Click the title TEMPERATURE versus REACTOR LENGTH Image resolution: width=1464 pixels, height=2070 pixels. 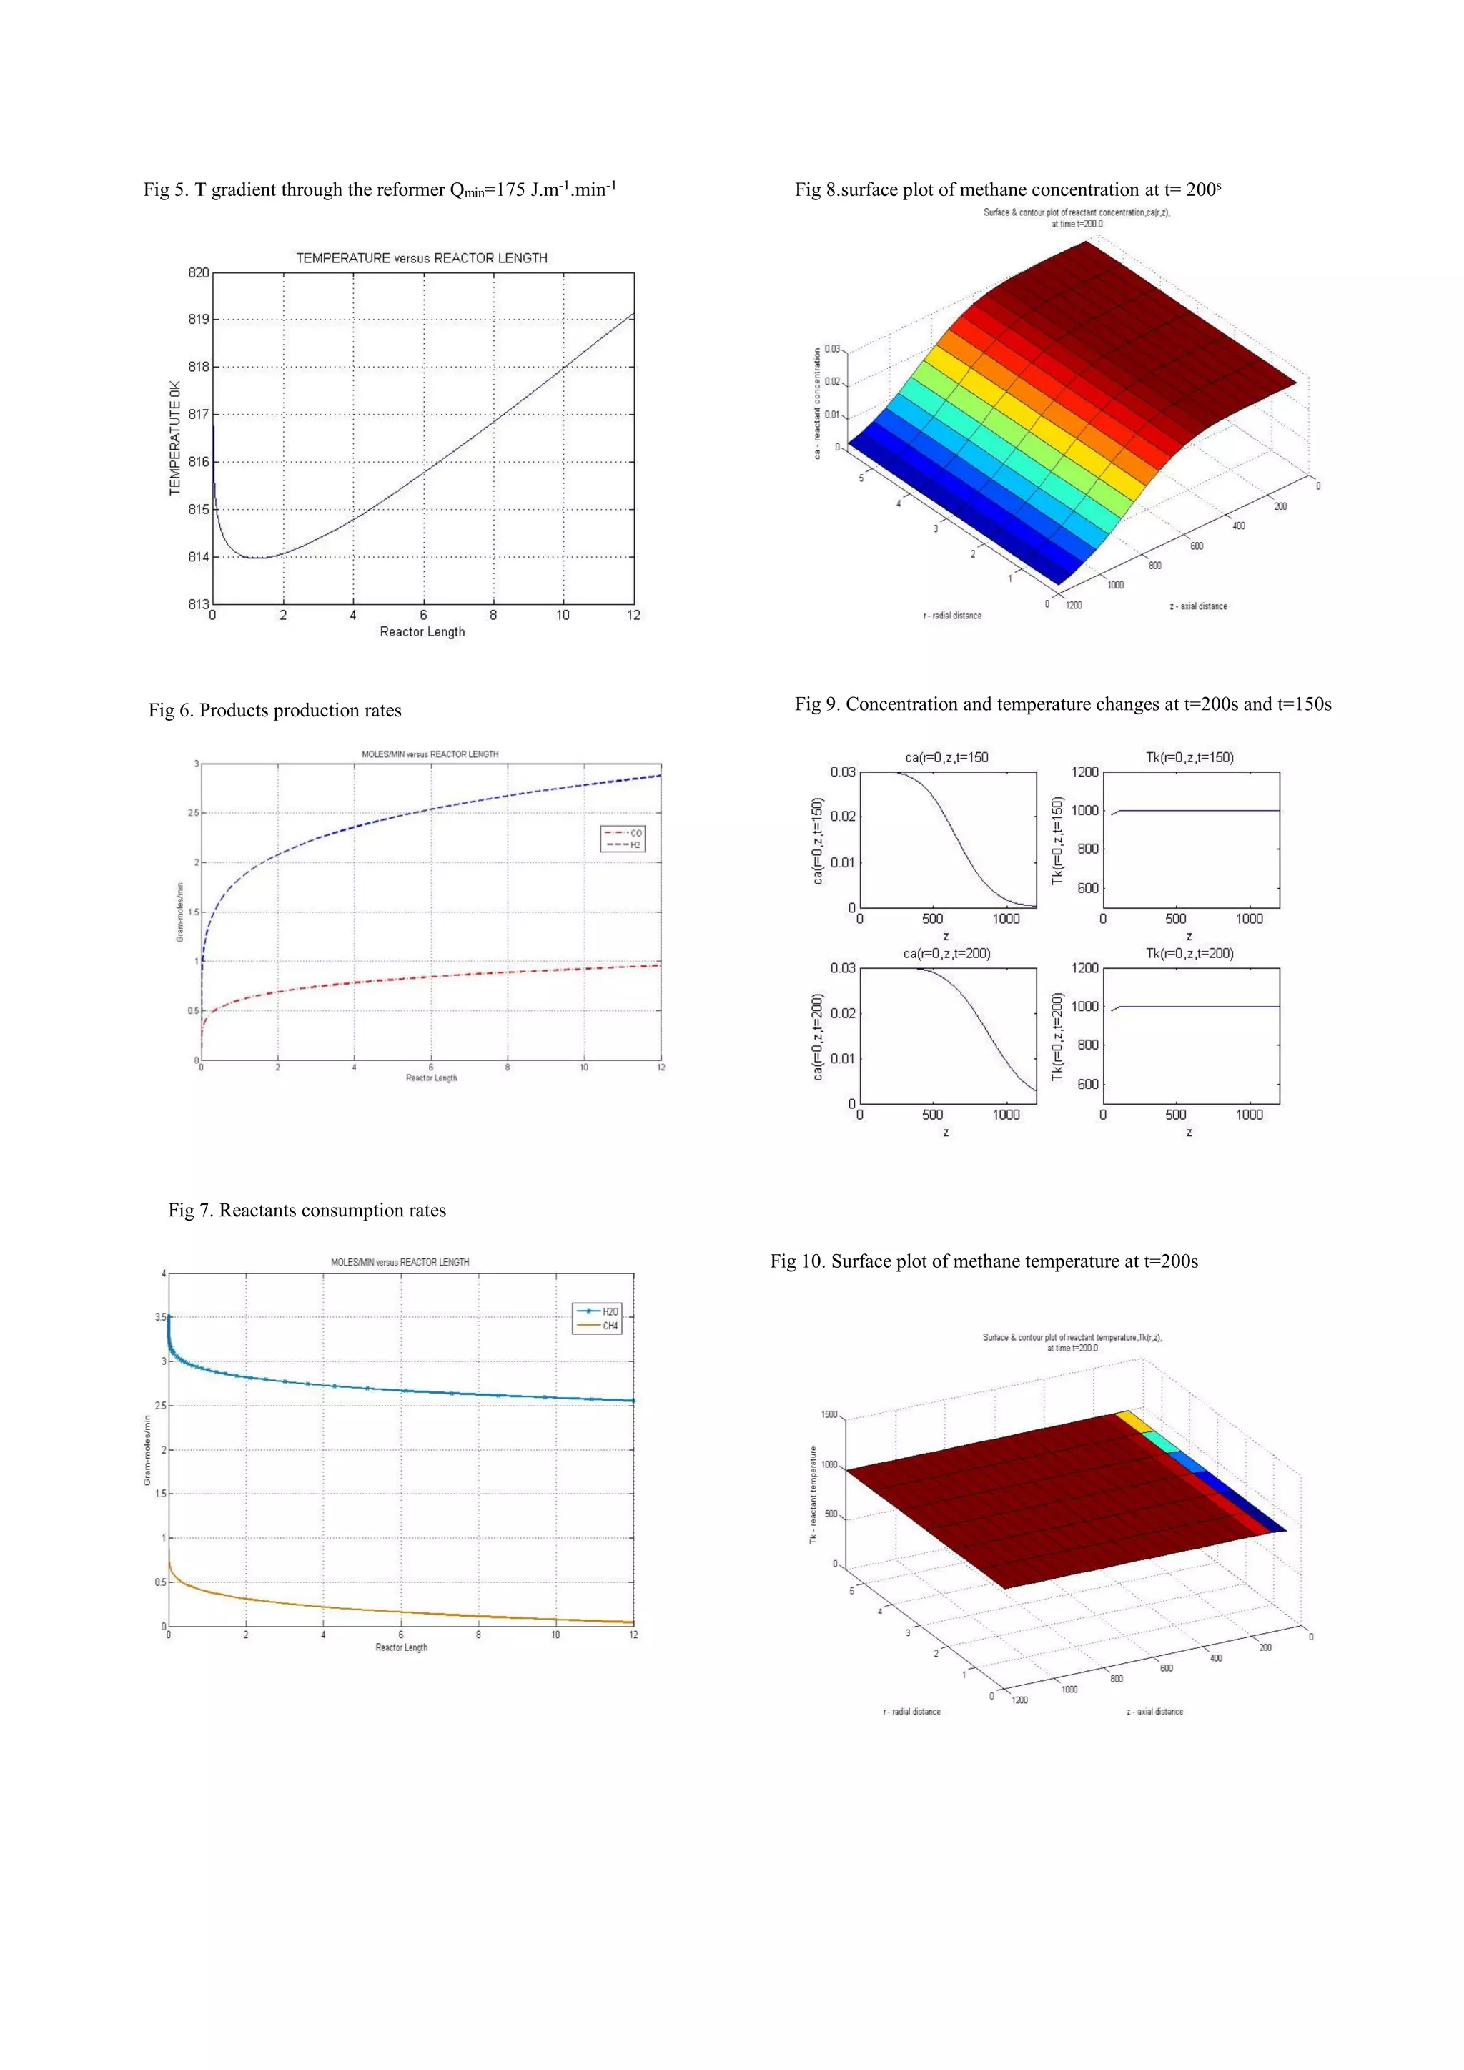coord(421,258)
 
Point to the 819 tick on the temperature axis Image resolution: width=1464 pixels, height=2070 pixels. coord(198,319)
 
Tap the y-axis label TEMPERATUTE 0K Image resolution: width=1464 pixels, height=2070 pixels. coord(175,438)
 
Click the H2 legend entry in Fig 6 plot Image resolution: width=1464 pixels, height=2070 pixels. coord(635,844)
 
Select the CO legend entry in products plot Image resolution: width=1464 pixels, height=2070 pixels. coord(635,833)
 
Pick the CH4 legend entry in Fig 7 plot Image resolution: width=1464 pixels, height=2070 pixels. coord(610,1326)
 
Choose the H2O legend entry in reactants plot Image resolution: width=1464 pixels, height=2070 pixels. coord(610,1311)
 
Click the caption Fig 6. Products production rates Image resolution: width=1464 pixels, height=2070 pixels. coord(275,711)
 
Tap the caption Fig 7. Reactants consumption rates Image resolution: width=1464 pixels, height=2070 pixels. coord(307,1210)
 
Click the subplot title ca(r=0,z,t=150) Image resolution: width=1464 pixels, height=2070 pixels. coord(946,757)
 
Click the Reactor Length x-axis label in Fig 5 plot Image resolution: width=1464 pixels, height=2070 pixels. coord(422,632)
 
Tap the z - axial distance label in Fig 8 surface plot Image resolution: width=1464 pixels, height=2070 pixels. coord(1198,606)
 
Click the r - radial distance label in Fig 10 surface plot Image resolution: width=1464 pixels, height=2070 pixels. coord(911,1711)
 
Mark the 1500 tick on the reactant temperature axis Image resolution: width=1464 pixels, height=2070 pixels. coord(829,1414)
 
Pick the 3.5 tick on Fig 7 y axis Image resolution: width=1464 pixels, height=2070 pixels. coord(159,1317)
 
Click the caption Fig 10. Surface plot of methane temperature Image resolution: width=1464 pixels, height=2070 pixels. coord(984,1261)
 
